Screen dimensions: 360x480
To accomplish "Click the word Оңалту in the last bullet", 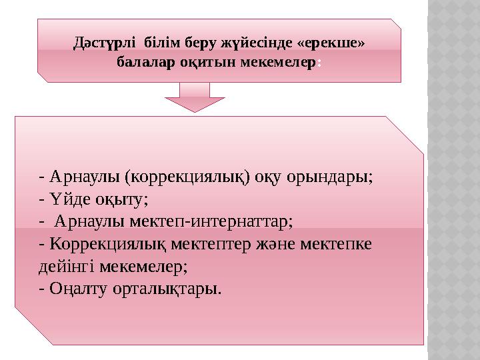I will [74, 289].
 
